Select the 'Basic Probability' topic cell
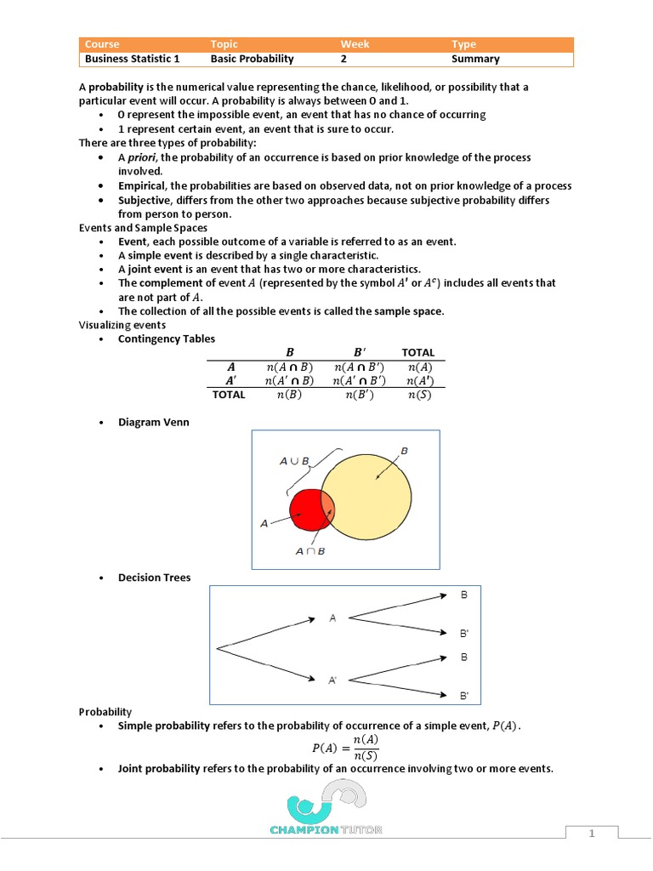point(252,59)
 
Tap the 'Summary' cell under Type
point(475,59)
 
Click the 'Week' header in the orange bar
point(355,44)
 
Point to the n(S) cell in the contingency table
point(417,395)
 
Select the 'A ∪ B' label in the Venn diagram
point(294,461)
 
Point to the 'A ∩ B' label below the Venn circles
point(310,551)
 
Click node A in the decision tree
point(333,619)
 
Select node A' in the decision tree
point(333,680)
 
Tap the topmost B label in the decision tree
point(464,595)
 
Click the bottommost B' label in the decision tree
point(464,696)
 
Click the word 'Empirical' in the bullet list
point(142,185)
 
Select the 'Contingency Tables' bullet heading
point(167,339)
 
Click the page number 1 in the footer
point(592,834)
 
